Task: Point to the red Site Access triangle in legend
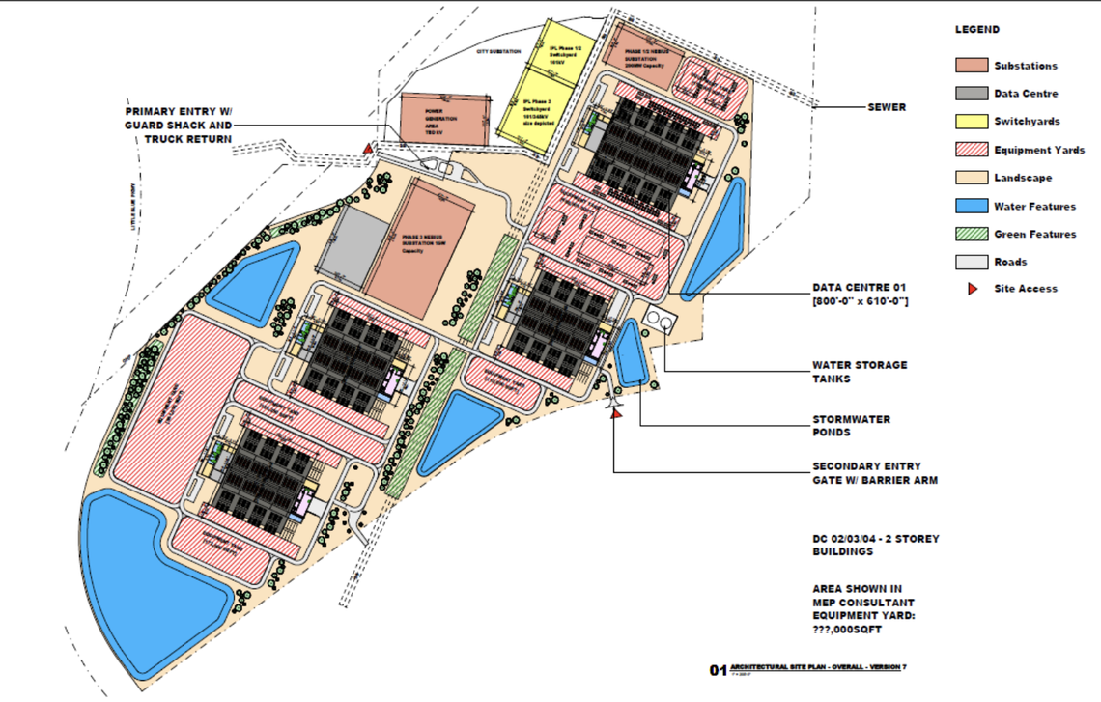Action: (x=973, y=289)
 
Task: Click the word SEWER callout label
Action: (x=887, y=107)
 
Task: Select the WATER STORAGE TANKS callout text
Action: (x=860, y=372)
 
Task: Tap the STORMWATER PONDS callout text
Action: (x=851, y=426)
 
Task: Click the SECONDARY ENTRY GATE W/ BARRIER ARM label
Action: (x=874, y=473)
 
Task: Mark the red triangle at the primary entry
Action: (x=367, y=149)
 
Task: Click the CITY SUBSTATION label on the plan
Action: (x=498, y=50)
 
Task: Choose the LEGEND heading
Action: (x=977, y=30)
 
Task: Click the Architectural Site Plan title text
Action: (x=818, y=668)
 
